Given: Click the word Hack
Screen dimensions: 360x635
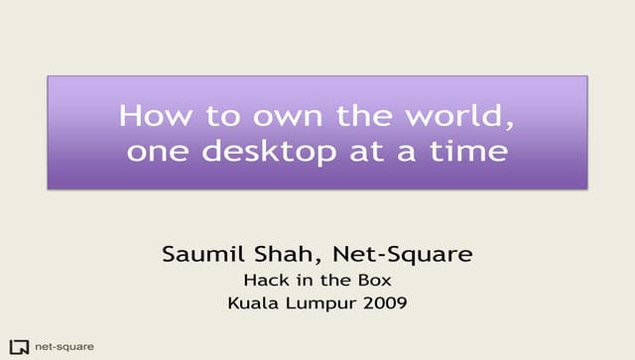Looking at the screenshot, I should pyautogui.click(x=264, y=281).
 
